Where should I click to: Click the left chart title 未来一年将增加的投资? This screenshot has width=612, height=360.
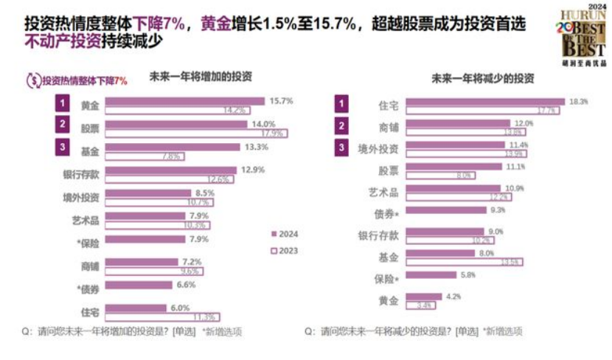(200, 77)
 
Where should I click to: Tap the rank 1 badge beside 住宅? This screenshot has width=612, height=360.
(341, 103)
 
